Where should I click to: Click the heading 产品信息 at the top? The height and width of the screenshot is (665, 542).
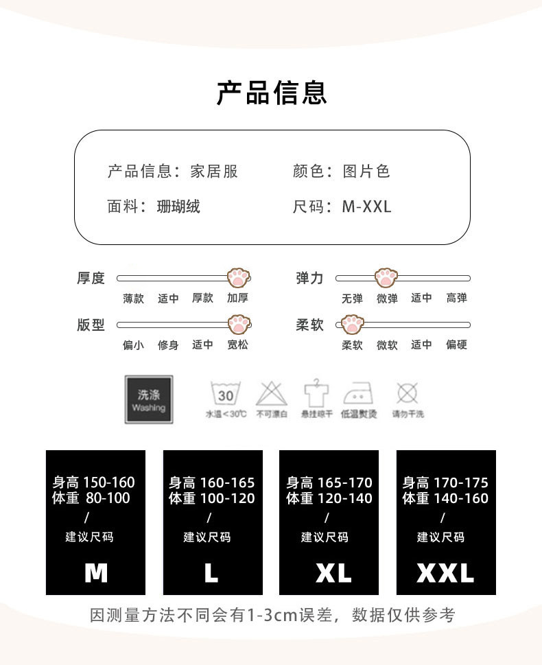click(272, 92)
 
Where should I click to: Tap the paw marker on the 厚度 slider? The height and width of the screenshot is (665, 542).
click(238, 278)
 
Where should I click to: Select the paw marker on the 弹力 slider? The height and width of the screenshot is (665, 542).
click(386, 278)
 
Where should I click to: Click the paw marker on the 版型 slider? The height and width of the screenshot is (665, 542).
click(238, 325)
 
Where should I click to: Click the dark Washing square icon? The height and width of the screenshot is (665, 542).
click(149, 398)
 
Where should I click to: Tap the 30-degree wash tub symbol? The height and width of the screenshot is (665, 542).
click(226, 394)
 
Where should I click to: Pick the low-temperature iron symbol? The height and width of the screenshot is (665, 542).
click(359, 394)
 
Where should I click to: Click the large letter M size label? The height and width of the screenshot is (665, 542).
click(96, 572)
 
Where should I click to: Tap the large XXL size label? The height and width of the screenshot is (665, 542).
click(445, 572)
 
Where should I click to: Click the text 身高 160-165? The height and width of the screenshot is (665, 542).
click(212, 483)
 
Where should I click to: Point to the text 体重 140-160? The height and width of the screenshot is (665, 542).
click(445, 499)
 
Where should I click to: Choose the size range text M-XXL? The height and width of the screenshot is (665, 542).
click(366, 206)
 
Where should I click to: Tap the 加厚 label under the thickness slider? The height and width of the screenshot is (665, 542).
click(238, 299)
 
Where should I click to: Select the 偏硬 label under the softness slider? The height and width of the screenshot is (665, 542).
click(456, 345)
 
